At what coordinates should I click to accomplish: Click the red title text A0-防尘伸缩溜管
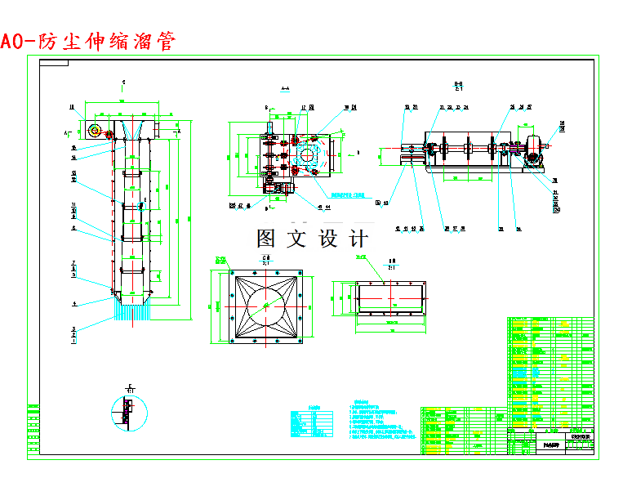coord(88,41)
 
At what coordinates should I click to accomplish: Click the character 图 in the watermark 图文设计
coord(266,239)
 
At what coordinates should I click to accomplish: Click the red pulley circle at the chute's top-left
coord(96,130)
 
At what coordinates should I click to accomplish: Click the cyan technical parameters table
coord(311,421)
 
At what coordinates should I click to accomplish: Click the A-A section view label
coord(285,89)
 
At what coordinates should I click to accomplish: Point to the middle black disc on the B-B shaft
coord(468,148)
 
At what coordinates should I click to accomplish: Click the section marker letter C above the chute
coord(123,83)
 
